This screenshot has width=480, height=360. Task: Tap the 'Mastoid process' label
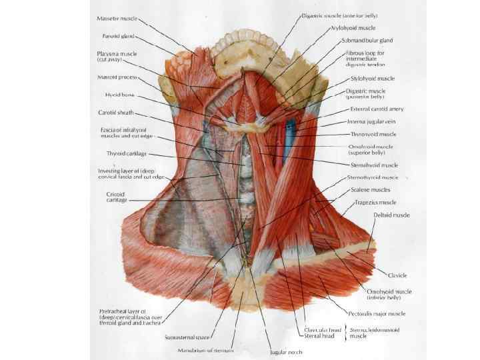[117, 77]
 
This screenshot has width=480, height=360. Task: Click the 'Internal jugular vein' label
[374, 122]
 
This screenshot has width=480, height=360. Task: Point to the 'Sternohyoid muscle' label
[375, 165]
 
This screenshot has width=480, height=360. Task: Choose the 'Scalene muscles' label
[371, 189]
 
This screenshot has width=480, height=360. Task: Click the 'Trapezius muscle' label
[375, 202]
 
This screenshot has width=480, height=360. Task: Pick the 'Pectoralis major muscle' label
[377, 313]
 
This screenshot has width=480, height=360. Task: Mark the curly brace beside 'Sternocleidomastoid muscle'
[345, 333]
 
